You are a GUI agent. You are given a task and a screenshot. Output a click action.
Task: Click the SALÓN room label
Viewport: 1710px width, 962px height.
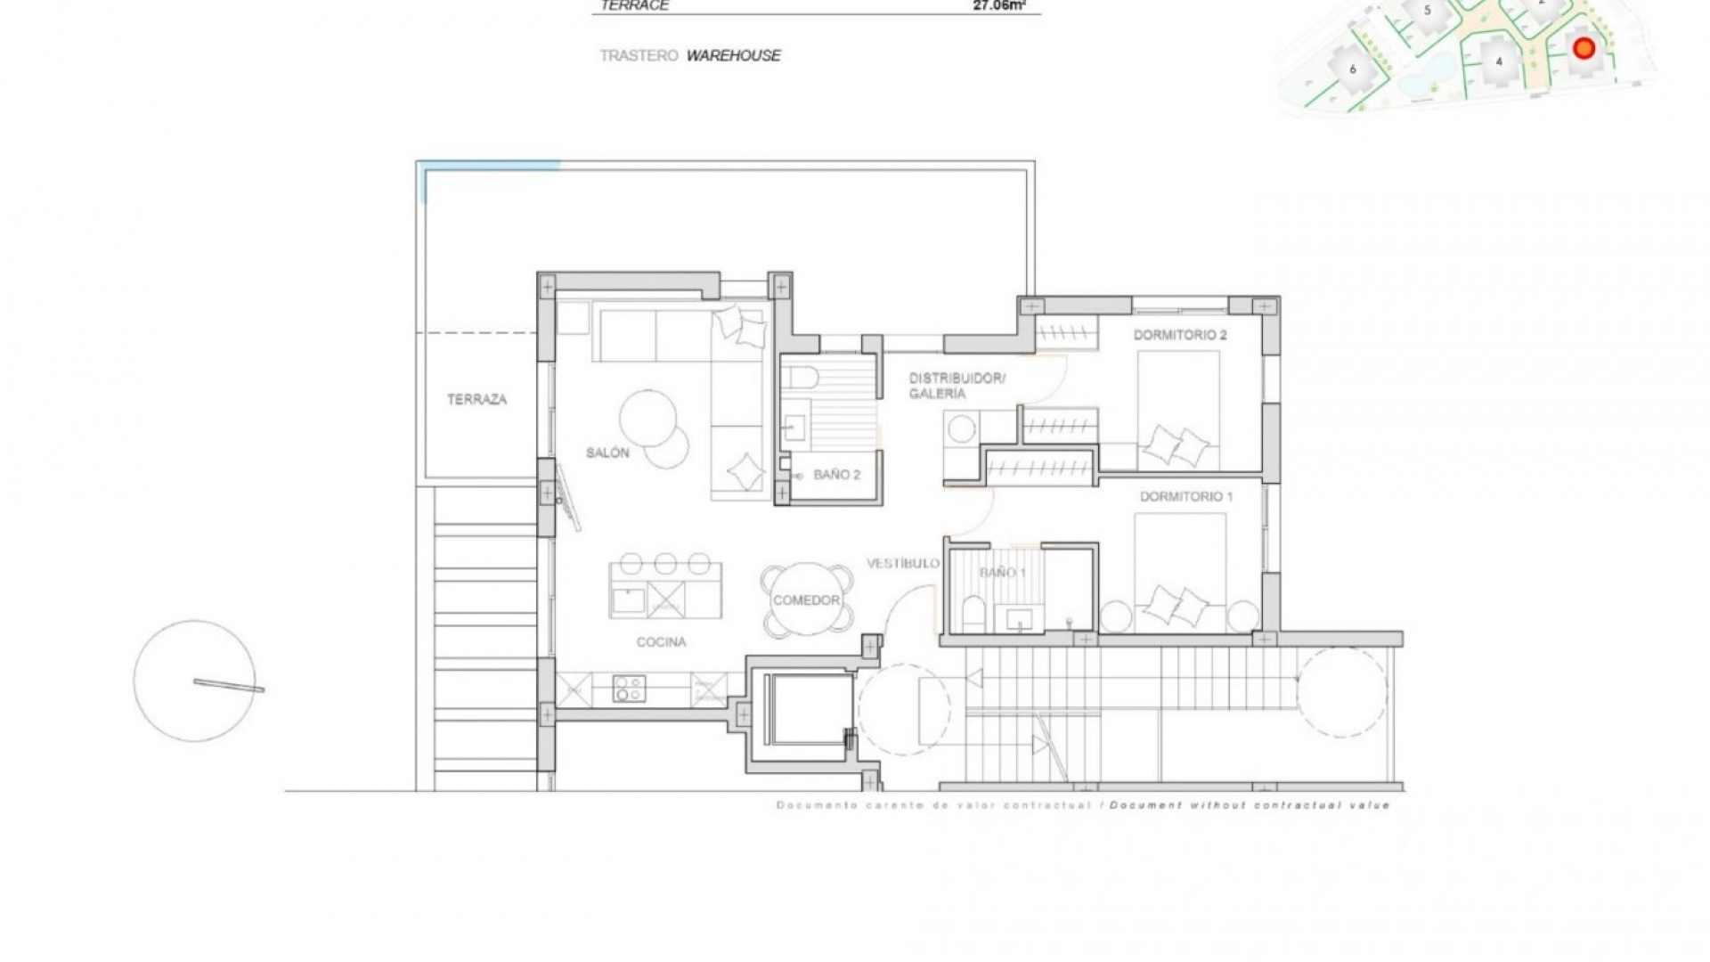click(x=607, y=452)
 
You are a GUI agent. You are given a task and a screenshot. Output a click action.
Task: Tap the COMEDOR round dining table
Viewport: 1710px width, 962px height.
click(x=806, y=600)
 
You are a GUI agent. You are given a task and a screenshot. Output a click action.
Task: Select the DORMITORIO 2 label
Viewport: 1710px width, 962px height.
click(x=1179, y=335)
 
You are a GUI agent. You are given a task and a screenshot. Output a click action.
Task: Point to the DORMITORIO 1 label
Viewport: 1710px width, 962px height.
click(x=1185, y=496)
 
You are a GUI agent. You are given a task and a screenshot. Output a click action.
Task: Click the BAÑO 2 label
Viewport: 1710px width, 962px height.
click(x=836, y=475)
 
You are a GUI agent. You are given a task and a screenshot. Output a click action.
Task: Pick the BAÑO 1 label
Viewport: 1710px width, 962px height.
click(x=1003, y=572)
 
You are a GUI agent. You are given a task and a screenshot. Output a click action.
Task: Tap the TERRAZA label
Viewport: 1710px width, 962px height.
click(x=476, y=399)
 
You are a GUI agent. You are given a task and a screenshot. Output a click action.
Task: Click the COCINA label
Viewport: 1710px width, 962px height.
click(x=661, y=641)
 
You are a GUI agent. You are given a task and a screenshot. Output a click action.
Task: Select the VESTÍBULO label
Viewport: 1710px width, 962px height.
click(x=902, y=563)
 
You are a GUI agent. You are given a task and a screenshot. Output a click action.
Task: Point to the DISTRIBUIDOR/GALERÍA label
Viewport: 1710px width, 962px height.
click(x=956, y=385)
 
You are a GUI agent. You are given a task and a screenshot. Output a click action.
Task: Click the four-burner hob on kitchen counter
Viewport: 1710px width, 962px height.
click(x=629, y=689)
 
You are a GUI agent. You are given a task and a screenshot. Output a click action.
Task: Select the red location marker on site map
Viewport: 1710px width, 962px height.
click(x=1583, y=48)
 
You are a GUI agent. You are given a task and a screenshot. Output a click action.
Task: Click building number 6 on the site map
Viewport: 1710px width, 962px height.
click(x=1352, y=69)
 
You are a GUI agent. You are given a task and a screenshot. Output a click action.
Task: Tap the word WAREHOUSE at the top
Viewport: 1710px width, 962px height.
click(x=733, y=55)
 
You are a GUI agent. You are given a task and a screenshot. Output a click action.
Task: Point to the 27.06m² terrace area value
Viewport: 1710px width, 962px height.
click(x=998, y=5)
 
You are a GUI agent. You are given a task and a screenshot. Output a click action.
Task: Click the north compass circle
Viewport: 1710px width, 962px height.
click(x=194, y=681)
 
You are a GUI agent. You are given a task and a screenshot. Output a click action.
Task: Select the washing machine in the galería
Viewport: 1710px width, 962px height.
click(x=961, y=429)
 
